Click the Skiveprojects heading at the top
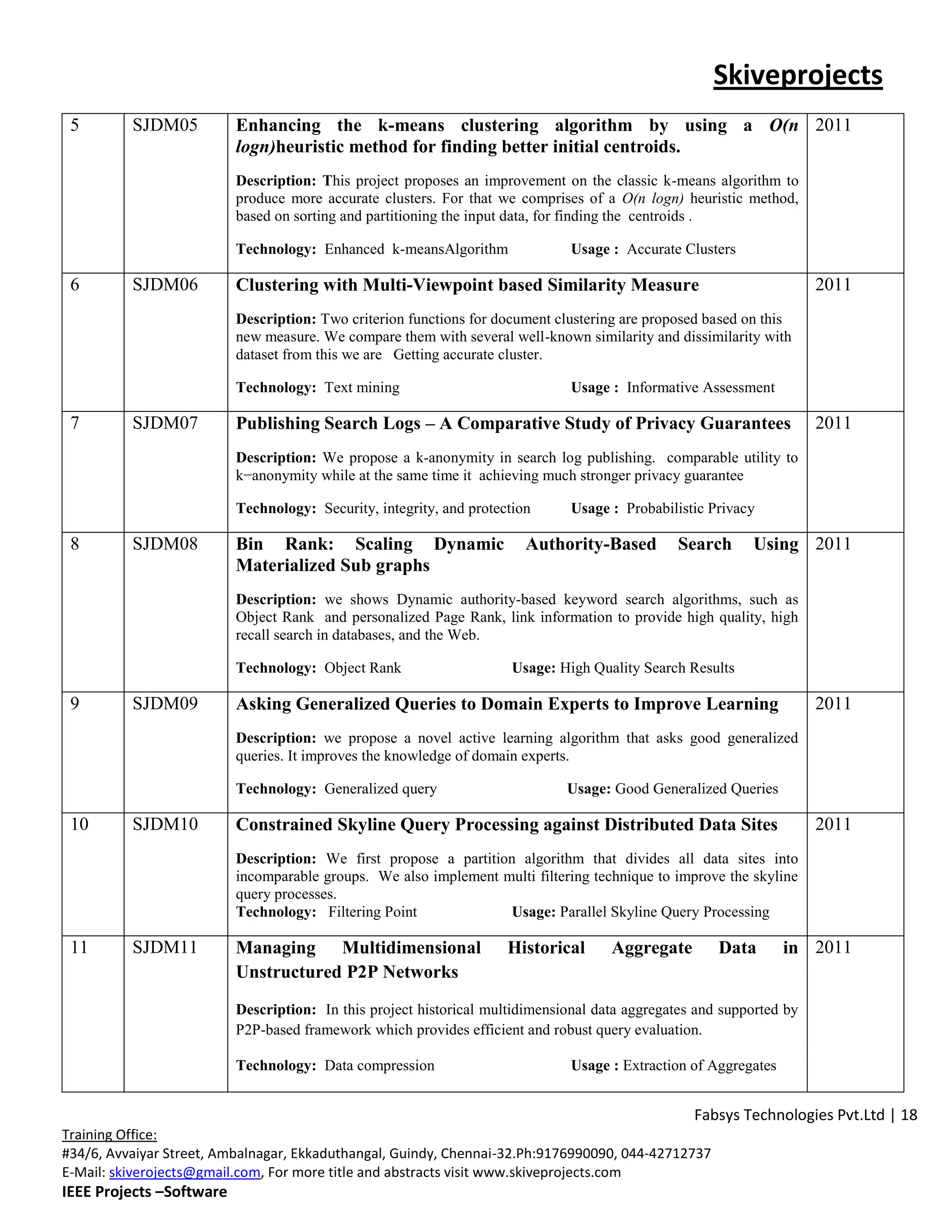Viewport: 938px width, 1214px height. (797, 75)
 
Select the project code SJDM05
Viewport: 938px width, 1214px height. (164, 125)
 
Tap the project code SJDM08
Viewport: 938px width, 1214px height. (164, 544)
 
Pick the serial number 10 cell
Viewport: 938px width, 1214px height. (79, 824)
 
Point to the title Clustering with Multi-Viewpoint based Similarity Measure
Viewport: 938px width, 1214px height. (467, 284)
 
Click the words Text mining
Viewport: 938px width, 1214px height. (362, 388)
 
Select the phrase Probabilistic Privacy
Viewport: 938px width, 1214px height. (690, 508)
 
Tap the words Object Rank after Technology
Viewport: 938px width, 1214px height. (362, 667)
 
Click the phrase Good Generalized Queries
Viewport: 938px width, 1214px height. (696, 788)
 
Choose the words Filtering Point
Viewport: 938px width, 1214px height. (372, 912)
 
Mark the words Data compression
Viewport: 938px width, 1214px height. (379, 1065)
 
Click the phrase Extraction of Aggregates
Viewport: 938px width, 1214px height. (699, 1065)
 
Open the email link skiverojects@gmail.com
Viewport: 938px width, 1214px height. (185, 1172)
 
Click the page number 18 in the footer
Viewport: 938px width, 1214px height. (909, 1115)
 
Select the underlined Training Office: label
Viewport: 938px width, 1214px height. (109, 1134)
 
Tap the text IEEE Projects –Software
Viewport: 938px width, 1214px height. (144, 1192)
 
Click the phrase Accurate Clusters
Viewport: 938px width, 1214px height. (681, 249)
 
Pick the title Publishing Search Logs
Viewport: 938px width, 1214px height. (328, 424)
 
